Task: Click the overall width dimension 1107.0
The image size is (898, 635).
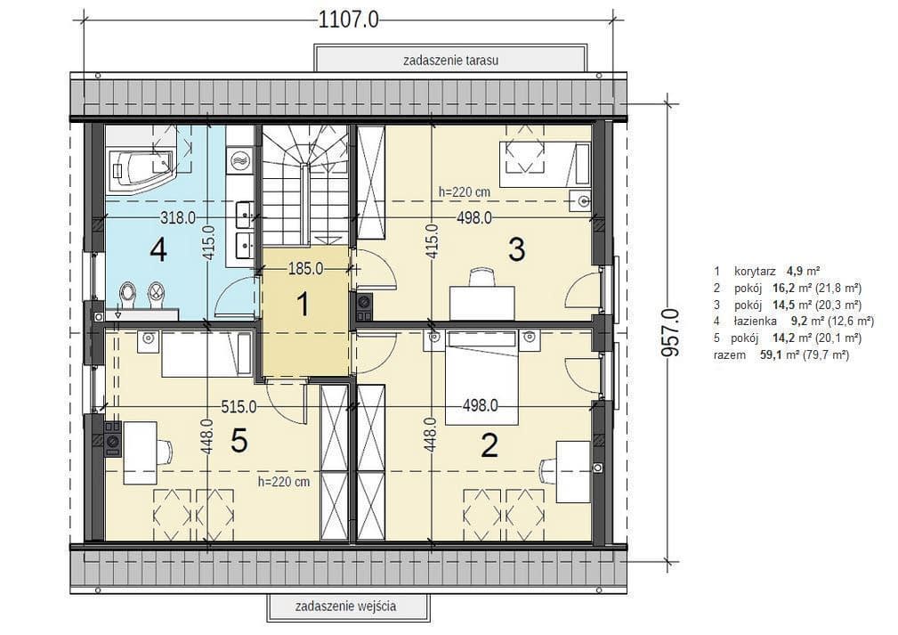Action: (348, 20)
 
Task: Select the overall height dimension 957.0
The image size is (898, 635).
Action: (670, 332)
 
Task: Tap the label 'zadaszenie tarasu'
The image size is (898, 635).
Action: (450, 61)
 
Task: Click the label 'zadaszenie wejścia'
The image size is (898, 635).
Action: (346, 606)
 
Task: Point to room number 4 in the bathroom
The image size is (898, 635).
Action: (158, 250)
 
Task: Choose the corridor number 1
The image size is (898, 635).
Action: (303, 304)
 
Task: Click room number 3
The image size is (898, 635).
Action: (516, 249)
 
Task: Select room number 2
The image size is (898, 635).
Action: (489, 445)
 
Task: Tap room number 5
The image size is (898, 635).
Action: (239, 441)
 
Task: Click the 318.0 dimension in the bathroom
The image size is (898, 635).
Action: (178, 218)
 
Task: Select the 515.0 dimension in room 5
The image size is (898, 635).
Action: (239, 406)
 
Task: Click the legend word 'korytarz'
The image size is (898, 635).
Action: (755, 271)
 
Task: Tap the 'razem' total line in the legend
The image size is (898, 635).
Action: (781, 354)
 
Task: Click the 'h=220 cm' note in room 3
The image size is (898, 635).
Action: (465, 192)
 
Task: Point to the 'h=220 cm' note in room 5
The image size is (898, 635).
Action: (284, 482)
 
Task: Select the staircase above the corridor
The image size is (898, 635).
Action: (305, 184)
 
